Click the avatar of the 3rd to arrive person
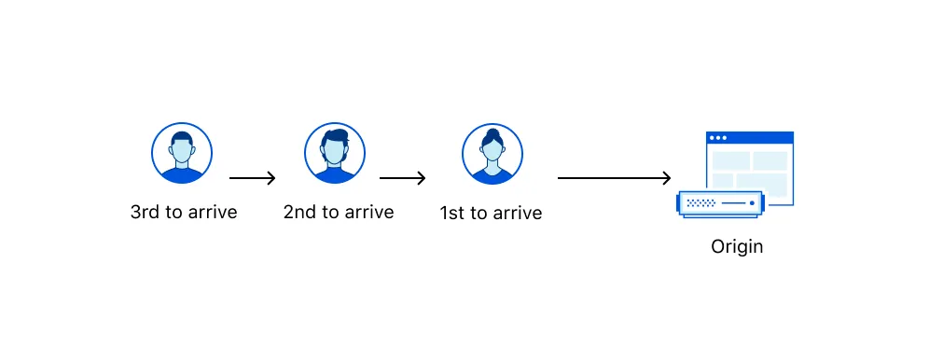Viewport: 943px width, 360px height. point(182,153)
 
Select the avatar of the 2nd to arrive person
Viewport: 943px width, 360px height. point(334,153)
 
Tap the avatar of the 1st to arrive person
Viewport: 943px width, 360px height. point(492,153)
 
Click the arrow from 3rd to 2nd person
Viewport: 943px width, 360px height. point(253,178)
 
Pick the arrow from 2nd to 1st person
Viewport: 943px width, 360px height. point(403,178)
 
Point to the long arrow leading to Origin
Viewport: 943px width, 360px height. point(614,178)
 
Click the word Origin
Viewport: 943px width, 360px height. point(737,247)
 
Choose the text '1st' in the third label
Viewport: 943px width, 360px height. point(452,214)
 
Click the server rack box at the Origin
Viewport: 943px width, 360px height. point(720,203)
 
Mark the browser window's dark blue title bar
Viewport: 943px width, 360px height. point(750,137)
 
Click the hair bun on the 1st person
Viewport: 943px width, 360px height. point(492,132)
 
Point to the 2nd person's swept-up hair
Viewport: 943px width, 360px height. point(334,137)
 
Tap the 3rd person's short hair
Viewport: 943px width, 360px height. point(182,138)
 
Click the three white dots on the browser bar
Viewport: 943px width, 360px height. point(717,138)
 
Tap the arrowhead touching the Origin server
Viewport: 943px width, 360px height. point(666,178)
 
